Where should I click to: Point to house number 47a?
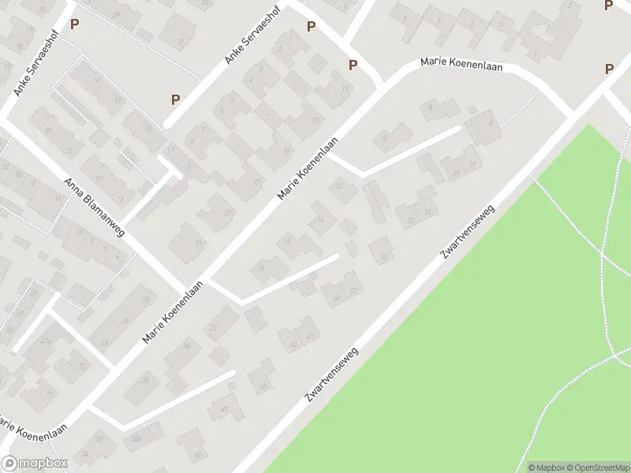45,341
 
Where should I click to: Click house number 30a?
135,439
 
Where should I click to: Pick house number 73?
82,367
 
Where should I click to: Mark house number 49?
198,456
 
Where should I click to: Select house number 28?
147,379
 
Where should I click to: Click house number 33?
385,257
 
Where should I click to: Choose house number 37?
353,291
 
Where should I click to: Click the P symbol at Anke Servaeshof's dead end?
175,99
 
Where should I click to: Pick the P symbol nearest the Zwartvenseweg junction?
609,69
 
